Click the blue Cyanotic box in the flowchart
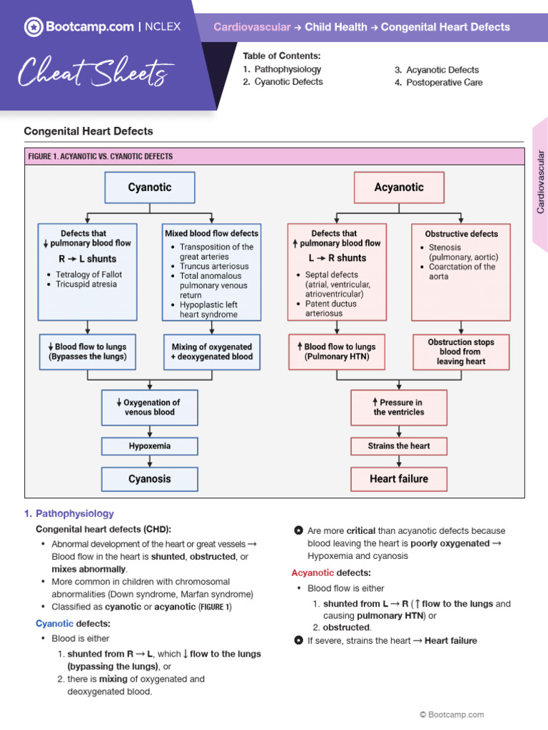click(150, 187)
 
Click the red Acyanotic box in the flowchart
click(399, 187)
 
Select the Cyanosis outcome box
click(150, 479)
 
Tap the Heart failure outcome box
click(399, 479)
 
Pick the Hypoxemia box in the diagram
click(150, 446)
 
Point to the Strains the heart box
click(399, 446)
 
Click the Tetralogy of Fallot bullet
click(88, 274)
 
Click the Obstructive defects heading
click(462, 234)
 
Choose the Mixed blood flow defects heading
click(212, 233)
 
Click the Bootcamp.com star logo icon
click(34, 27)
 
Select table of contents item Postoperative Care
click(444, 83)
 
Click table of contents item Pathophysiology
click(288, 70)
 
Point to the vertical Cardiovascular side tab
click(540, 182)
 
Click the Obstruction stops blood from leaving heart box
click(461, 351)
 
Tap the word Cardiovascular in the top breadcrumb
click(252, 27)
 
